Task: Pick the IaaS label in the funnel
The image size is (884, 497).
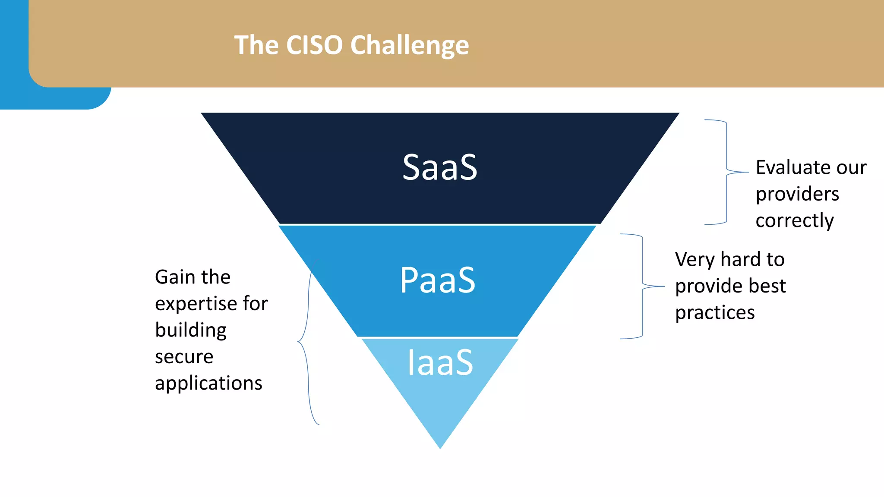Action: tap(440, 362)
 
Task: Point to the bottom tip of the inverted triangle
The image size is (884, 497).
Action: tap(440, 447)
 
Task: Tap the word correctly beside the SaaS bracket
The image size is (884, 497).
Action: tap(794, 221)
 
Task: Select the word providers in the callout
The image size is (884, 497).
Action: tap(797, 194)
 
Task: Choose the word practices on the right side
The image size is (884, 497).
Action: tap(714, 313)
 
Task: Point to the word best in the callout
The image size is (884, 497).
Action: tap(767, 286)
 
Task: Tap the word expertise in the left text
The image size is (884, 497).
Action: tap(196, 304)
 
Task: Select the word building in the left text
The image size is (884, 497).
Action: tap(190, 330)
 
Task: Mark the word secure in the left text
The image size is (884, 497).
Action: tap(184, 357)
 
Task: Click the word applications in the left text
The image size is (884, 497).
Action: tap(208, 384)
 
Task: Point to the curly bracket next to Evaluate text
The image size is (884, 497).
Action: tap(726, 173)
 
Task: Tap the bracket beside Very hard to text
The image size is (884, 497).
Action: tap(642, 286)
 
